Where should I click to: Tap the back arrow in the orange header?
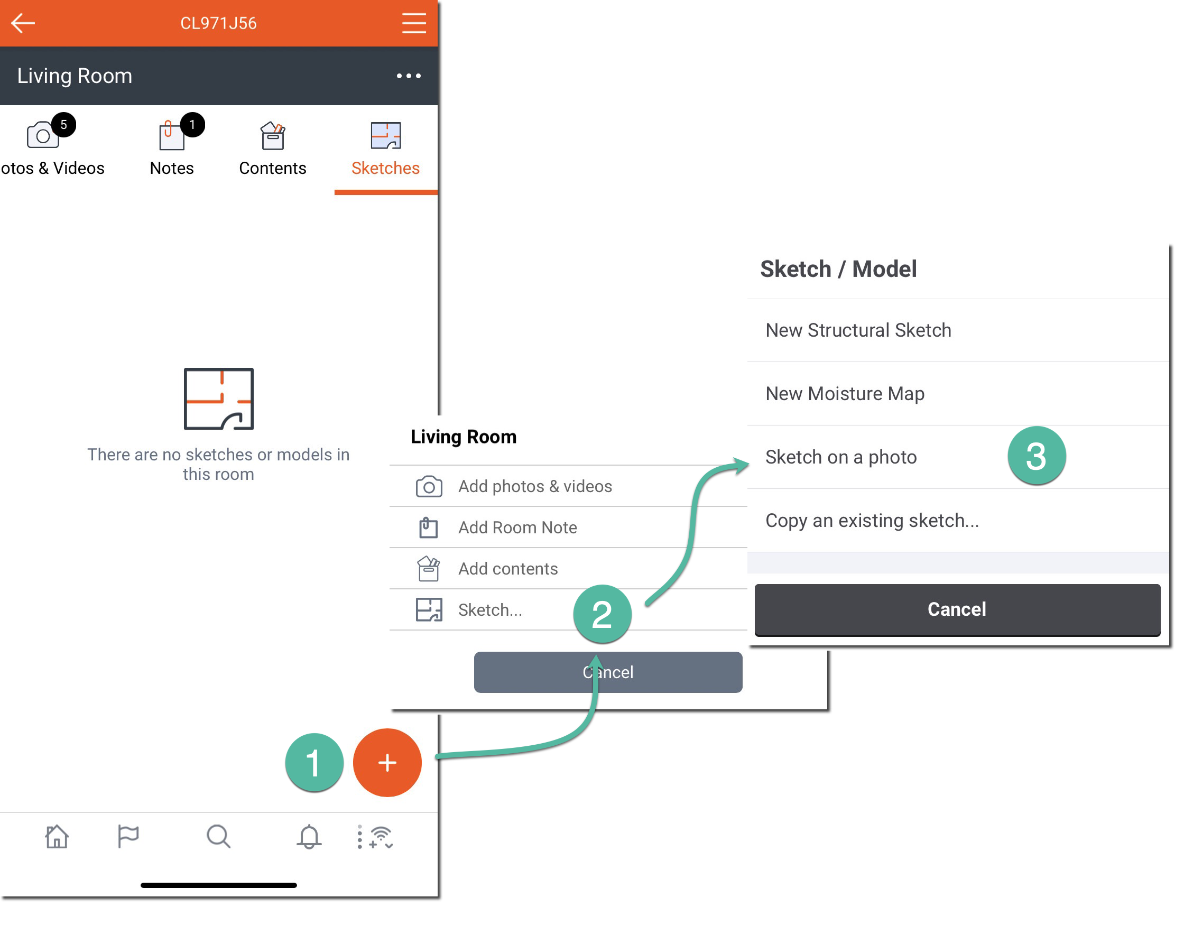click(23, 23)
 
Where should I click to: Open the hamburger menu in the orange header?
click(413, 23)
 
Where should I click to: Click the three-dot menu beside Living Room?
click(409, 76)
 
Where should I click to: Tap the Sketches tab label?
click(385, 168)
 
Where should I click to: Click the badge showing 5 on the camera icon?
click(64, 125)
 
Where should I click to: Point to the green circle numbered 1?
click(314, 762)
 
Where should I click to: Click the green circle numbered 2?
click(602, 614)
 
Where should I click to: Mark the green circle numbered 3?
click(1037, 456)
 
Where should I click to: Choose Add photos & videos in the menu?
click(535, 486)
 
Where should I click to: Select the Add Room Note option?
click(517, 527)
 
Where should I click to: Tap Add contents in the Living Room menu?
click(508, 568)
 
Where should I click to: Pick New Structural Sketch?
click(858, 330)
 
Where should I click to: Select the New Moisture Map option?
click(845, 394)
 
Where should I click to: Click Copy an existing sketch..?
click(872, 521)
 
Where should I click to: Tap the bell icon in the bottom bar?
click(309, 836)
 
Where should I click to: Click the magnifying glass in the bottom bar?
click(218, 836)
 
